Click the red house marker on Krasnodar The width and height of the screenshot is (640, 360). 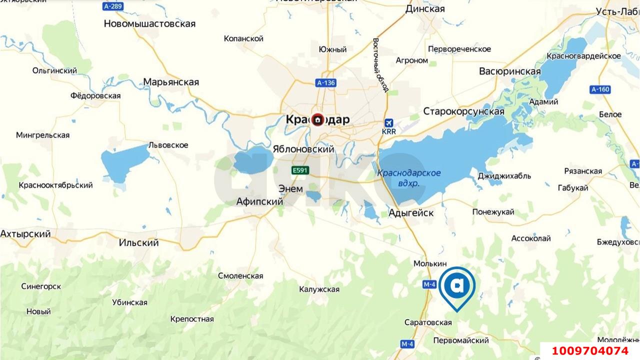click(x=318, y=119)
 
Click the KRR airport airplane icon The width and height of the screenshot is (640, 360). click(x=388, y=122)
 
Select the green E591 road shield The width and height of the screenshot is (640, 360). click(x=300, y=170)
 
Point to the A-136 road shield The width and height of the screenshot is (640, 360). click(x=325, y=83)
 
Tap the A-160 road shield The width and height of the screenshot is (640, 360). click(x=600, y=90)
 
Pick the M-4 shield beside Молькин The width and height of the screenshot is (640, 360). click(x=429, y=284)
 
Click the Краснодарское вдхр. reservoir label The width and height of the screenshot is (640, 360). click(x=409, y=178)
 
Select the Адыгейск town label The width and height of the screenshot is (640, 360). click(x=411, y=213)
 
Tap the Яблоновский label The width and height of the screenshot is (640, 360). click(x=303, y=149)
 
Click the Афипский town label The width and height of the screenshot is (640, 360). click(x=259, y=202)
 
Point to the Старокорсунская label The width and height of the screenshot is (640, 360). click(x=463, y=111)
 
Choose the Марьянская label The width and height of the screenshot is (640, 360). click(x=171, y=82)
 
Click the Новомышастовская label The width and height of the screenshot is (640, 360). click(x=149, y=23)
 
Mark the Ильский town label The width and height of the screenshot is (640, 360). click(x=139, y=243)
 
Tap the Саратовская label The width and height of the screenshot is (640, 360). click(x=428, y=322)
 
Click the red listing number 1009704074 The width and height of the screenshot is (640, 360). click(x=589, y=351)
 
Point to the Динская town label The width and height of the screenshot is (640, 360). click(x=424, y=9)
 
